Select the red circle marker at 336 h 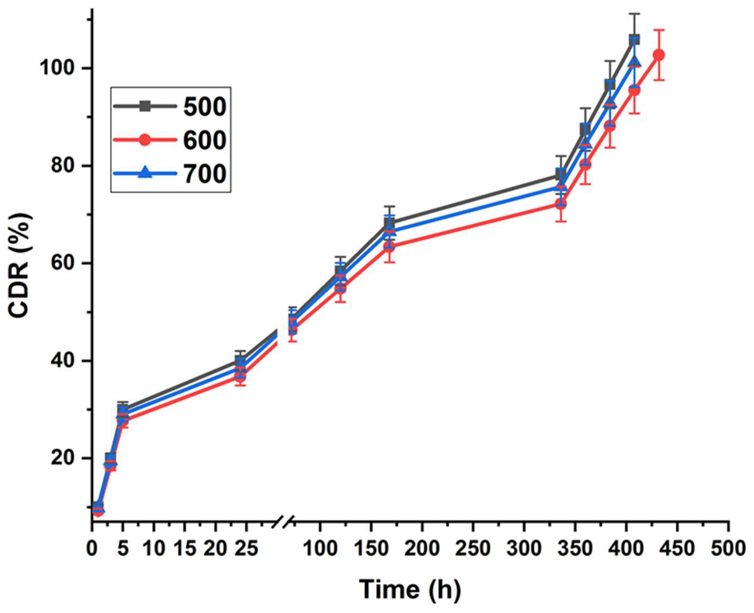tap(561, 204)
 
